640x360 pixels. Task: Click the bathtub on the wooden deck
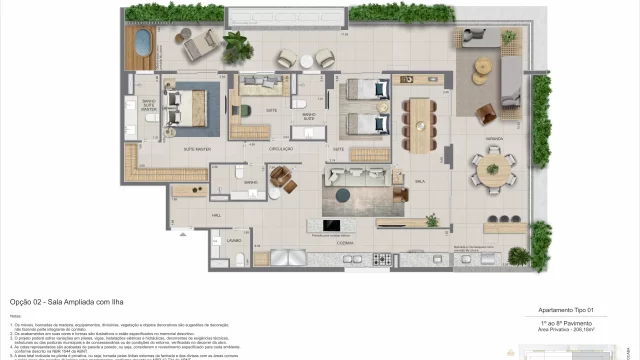point(143,45)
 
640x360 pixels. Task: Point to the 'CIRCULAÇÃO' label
point(282,149)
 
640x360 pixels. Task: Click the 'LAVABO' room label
point(233,241)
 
